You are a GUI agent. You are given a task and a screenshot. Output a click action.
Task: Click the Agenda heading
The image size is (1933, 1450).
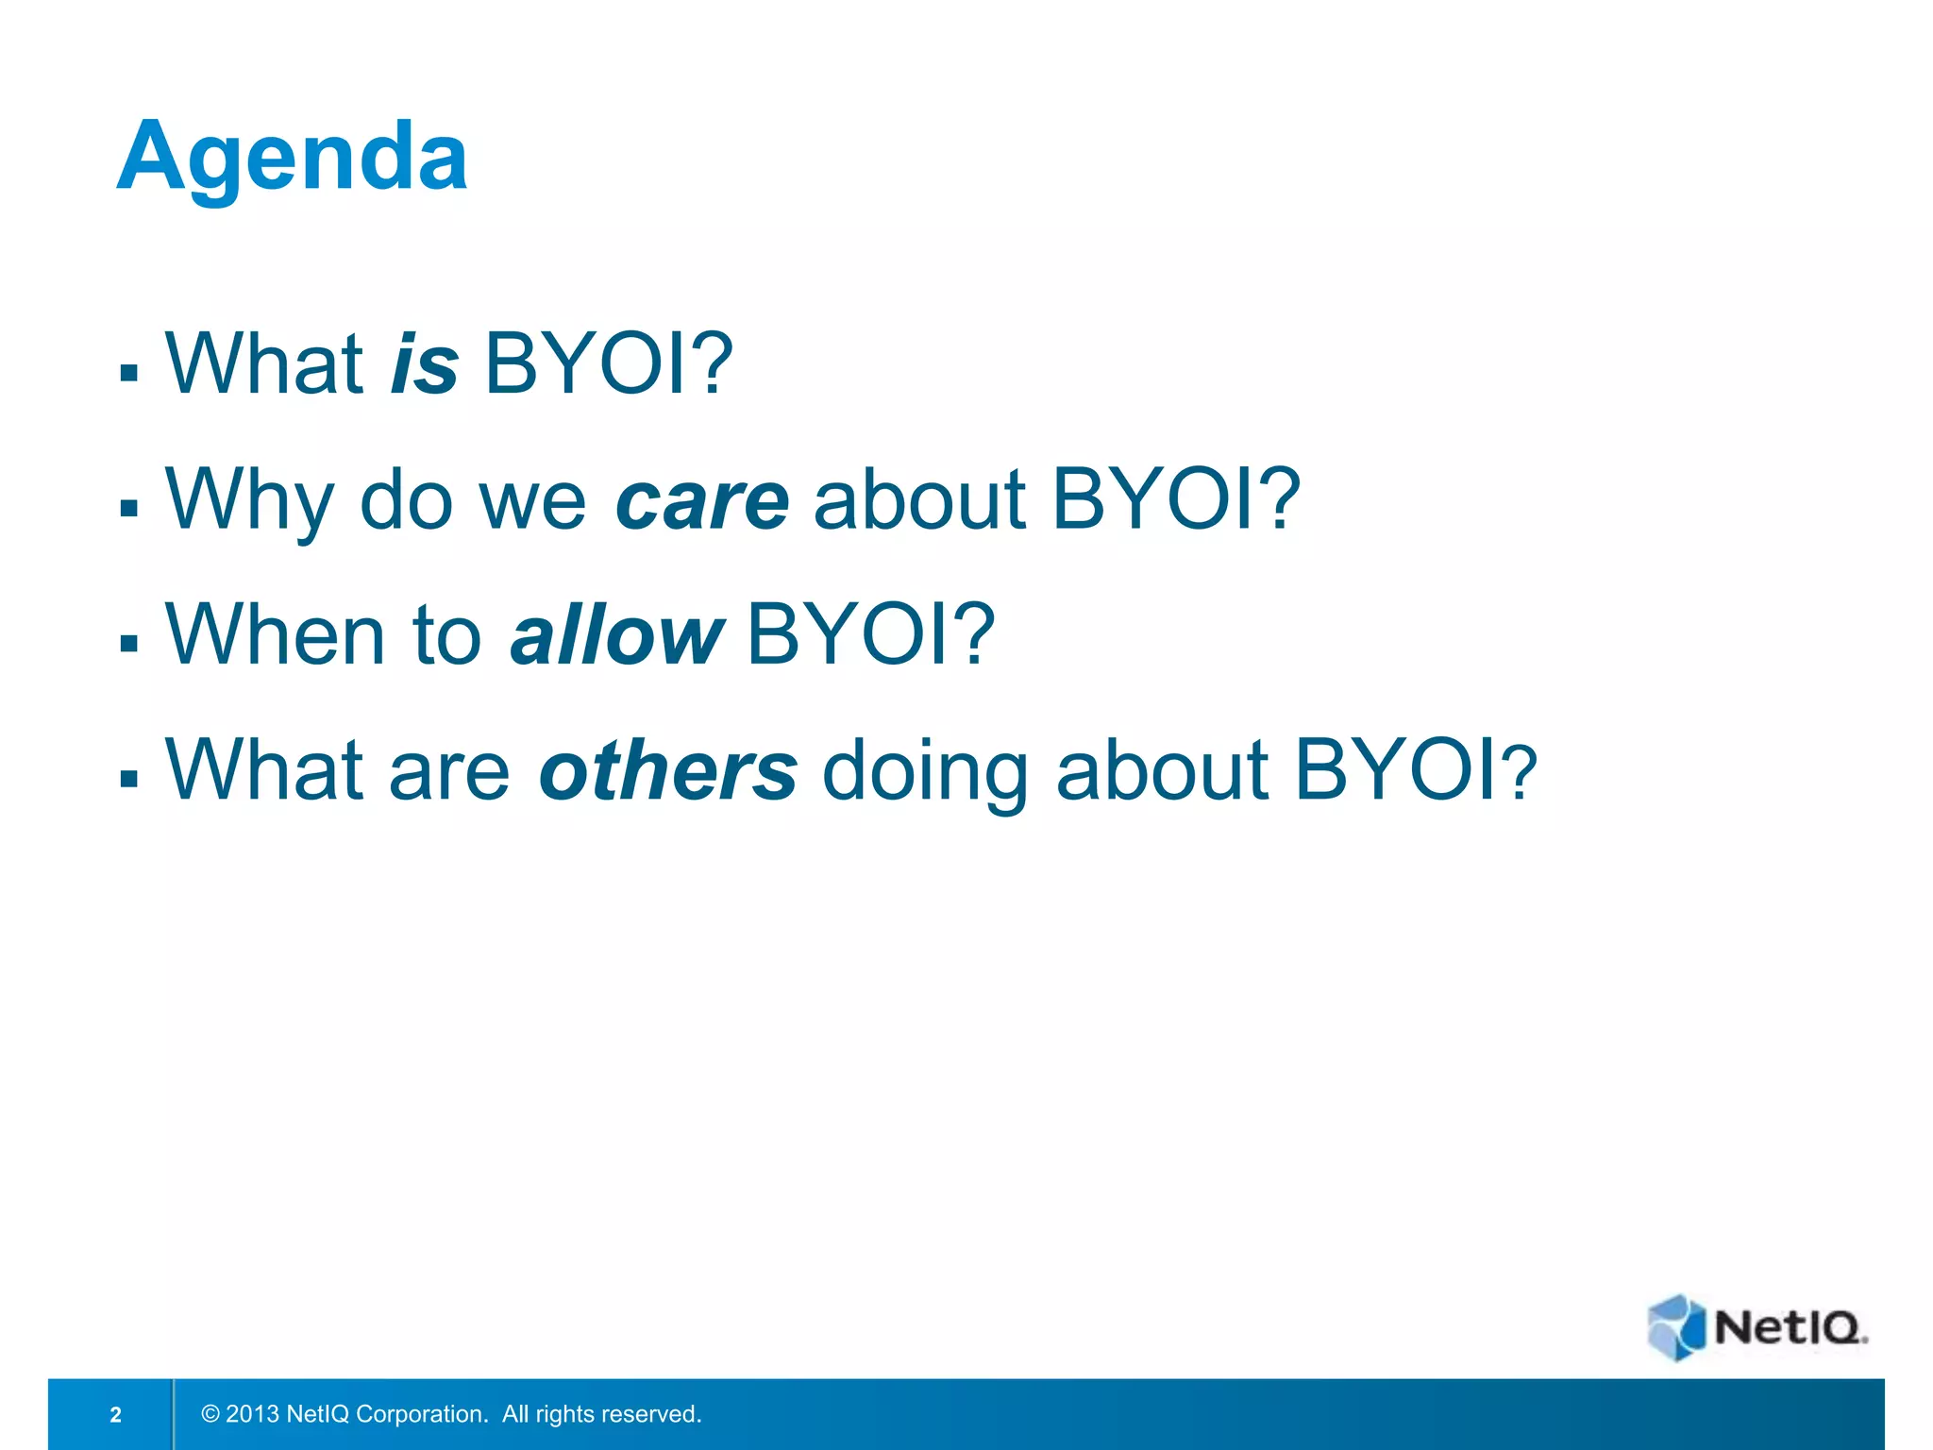click(292, 158)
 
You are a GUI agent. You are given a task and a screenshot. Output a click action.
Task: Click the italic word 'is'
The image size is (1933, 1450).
click(425, 364)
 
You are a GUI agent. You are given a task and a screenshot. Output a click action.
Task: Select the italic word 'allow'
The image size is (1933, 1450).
click(616, 635)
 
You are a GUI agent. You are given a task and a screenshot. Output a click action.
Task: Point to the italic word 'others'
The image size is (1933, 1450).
click(667, 771)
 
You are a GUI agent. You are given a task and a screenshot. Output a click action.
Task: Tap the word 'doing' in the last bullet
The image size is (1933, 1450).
click(925, 771)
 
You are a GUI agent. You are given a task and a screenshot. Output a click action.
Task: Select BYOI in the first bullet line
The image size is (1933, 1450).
click(608, 364)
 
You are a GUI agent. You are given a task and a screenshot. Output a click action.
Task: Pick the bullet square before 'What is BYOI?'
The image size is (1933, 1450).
click(129, 372)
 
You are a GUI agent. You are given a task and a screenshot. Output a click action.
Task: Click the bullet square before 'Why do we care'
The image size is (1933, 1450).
click(129, 509)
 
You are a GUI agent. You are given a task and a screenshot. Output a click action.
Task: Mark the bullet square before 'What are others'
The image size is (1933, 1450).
click(129, 779)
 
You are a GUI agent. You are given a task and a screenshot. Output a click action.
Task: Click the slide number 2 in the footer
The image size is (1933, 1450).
click(115, 1414)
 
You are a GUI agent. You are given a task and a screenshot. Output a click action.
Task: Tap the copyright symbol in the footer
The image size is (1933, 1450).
click(210, 1414)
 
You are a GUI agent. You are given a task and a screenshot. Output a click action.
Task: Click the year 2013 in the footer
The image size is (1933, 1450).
click(252, 1414)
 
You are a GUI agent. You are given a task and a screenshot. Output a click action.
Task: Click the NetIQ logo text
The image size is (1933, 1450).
click(1788, 1328)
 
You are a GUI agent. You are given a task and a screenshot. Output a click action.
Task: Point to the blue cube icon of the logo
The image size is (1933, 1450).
click(1676, 1326)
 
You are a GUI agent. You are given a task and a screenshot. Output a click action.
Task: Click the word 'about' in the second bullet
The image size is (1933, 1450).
click(918, 500)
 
